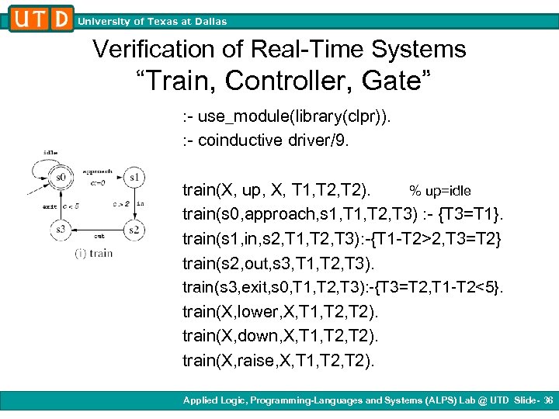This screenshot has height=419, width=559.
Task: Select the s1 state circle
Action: click(134, 178)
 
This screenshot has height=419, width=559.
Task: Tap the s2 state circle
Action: click(134, 229)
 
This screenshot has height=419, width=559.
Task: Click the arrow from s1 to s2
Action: click(134, 203)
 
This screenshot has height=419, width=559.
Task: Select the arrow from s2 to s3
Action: click(97, 230)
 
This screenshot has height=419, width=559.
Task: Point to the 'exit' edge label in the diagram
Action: click(50, 206)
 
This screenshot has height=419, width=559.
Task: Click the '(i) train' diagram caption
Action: click(94, 252)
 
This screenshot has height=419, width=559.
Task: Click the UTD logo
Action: click(41, 17)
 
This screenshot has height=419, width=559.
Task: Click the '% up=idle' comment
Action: click(439, 191)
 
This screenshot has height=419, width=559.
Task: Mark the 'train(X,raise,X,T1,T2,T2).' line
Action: click(278, 359)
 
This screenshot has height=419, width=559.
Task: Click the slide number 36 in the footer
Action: click(548, 400)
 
